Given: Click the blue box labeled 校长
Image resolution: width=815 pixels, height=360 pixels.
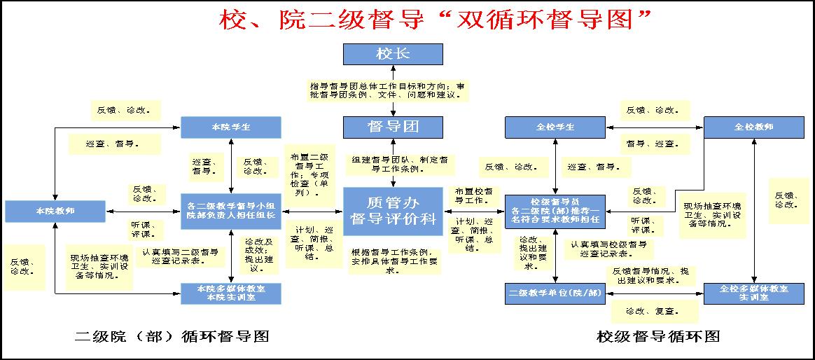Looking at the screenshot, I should coord(393,55).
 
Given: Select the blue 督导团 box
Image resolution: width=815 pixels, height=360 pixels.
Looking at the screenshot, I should coord(393,127).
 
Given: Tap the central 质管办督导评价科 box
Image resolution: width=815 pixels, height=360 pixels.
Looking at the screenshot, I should coord(393,208).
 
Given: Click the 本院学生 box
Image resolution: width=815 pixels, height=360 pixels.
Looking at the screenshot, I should coord(231,127).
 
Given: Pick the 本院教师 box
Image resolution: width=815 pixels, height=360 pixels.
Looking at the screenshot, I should coord(55,211).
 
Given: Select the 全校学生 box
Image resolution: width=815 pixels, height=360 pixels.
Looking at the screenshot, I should coord(555,127).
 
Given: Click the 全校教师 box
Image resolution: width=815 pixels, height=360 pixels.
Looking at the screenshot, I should coord(753,127).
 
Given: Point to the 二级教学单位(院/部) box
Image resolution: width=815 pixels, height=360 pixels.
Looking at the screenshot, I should coord(555,293).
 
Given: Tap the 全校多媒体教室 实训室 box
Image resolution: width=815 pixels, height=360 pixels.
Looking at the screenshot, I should coord(753,293).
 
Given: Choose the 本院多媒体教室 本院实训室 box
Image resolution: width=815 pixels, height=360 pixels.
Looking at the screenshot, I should coord(231,293).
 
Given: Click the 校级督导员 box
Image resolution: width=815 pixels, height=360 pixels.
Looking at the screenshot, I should coord(555,211).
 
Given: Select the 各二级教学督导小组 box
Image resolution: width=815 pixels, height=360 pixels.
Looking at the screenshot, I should coord(231,211).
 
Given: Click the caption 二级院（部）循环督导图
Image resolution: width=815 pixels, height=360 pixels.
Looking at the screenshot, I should coord(172,337).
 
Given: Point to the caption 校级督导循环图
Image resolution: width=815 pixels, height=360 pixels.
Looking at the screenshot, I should coord(658,337).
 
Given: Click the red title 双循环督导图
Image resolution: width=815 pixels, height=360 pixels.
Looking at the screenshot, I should coord(434,20).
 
